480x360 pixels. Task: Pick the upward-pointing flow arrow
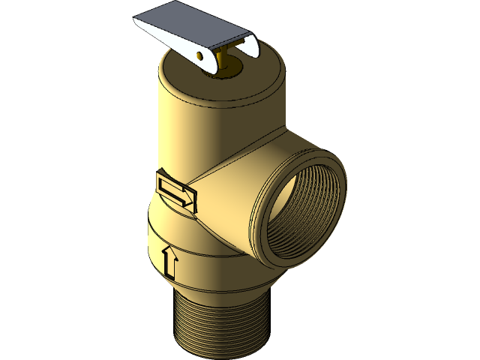coord(169,261)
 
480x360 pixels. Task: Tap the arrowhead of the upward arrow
coord(170,251)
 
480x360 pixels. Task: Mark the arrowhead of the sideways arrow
coord(188,196)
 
